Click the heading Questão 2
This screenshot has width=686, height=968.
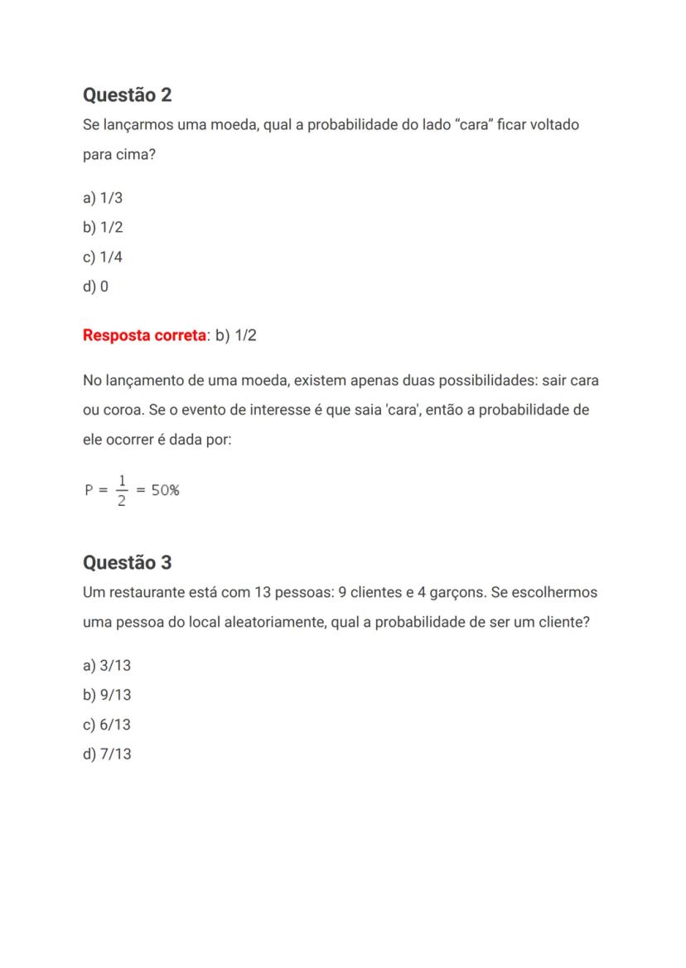[127, 95]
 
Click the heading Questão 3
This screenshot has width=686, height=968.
[127, 563]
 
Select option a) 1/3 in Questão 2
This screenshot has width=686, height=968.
[103, 198]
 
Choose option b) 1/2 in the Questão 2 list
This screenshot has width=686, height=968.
[103, 228]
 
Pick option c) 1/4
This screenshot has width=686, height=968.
[103, 258]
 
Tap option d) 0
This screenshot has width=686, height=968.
[95, 287]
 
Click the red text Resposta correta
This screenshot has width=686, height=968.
[144, 335]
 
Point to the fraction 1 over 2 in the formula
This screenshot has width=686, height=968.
[122, 490]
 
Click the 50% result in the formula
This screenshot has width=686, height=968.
[165, 490]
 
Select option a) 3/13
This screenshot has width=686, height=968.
[107, 666]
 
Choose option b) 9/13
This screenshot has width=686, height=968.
[107, 696]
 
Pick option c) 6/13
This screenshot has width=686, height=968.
[107, 725]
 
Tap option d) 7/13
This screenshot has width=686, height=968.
[107, 755]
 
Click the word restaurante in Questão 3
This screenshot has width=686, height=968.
[145, 593]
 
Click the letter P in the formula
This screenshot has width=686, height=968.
[89, 490]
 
